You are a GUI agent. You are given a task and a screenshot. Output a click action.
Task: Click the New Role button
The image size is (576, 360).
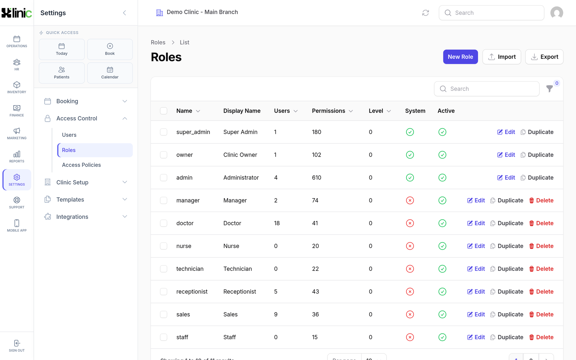(460, 57)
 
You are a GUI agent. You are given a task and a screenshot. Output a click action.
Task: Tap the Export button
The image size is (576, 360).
(544, 57)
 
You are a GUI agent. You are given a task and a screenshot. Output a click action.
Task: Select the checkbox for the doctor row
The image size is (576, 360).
(164, 223)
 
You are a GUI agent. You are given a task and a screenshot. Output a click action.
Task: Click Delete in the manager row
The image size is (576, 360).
(541, 200)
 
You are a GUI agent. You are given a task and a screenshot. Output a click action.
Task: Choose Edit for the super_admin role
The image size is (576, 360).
(506, 132)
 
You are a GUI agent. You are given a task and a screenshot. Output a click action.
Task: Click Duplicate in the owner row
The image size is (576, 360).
(537, 155)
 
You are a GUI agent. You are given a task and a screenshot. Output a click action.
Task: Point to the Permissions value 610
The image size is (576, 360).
(317, 177)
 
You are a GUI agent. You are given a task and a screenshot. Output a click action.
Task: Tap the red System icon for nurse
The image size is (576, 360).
(410, 246)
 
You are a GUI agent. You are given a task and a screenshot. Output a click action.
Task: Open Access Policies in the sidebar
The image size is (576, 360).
(82, 165)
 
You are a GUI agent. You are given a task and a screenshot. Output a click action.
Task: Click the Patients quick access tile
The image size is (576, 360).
(62, 73)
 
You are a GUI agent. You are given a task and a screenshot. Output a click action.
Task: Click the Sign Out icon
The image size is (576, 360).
(17, 343)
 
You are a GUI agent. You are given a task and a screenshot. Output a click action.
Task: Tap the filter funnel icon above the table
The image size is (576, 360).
(550, 89)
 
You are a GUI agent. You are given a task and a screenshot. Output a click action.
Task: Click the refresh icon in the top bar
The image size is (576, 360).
(425, 13)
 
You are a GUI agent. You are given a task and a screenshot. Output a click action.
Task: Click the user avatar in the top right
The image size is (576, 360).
(556, 13)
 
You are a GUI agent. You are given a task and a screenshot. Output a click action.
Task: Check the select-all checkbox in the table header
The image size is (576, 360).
(164, 111)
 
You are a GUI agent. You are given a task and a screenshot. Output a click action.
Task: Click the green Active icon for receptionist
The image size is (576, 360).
(442, 291)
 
